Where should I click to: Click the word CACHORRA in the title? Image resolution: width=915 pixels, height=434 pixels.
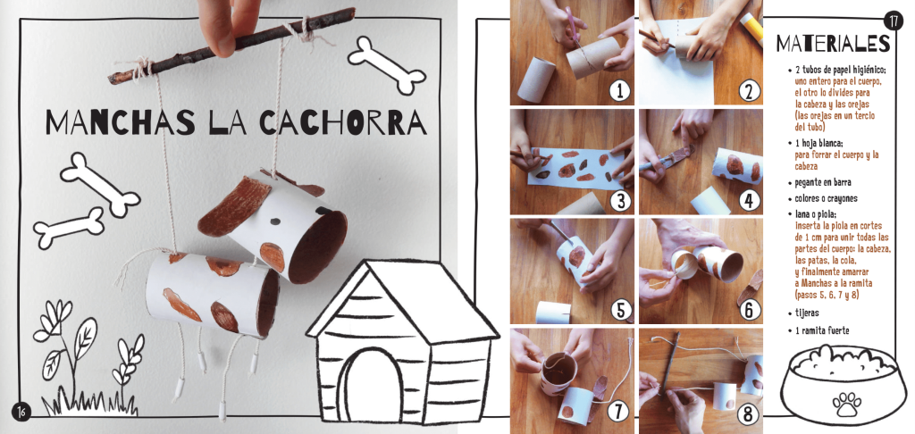coord(342,122)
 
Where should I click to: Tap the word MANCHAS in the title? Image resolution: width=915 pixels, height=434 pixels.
coord(121,122)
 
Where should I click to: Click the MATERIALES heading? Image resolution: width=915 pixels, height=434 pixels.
coord(834,43)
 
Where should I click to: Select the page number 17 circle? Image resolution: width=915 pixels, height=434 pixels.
coord(894,21)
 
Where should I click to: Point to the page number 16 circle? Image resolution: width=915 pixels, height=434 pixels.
coord(21,410)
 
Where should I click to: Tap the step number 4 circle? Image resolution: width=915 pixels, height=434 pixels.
coord(749,200)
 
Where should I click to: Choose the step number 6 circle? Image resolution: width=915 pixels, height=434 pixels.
coord(749,310)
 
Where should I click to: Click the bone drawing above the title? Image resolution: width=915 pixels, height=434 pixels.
coord(387,65)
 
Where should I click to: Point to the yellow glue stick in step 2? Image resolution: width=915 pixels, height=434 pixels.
coord(751,28)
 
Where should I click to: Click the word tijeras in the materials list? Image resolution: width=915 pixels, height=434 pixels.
coord(807,313)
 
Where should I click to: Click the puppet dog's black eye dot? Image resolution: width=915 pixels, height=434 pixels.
coord(275,221)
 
